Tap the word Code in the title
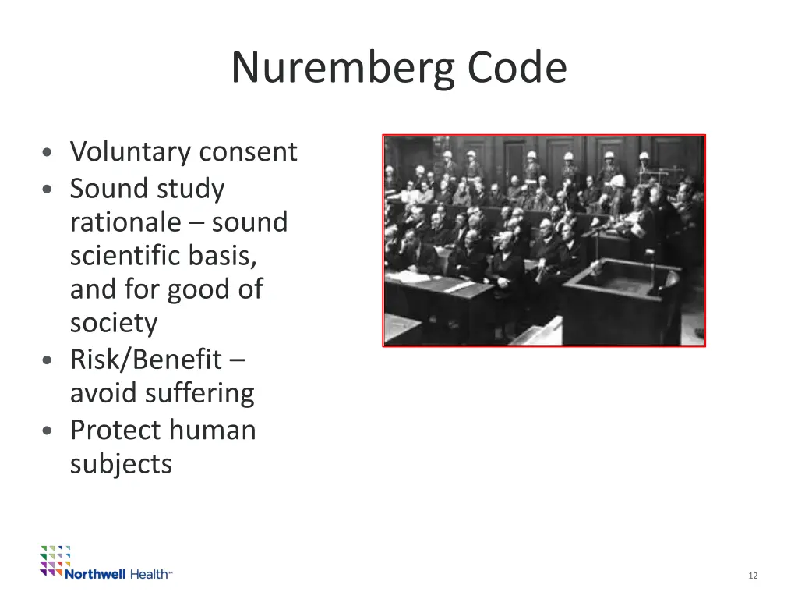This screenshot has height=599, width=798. pyautogui.click(x=517, y=68)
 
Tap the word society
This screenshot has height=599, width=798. pyautogui.click(x=114, y=323)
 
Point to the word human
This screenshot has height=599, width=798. pyautogui.click(x=214, y=430)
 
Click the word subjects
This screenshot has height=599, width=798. pyautogui.click(x=121, y=464)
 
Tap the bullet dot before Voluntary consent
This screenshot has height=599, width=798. pyautogui.click(x=49, y=153)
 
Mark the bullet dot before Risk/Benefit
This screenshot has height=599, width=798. pyautogui.click(x=49, y=361)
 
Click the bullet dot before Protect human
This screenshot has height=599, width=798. pyautogui.click(x=49, y=431)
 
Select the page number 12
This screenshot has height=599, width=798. pyautogui.click(x=752, y=576)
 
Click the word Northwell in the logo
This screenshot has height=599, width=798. pyautogui.click(x=95, y=574)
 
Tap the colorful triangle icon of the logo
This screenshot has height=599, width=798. pyautogui.click(x=55, y=560)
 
